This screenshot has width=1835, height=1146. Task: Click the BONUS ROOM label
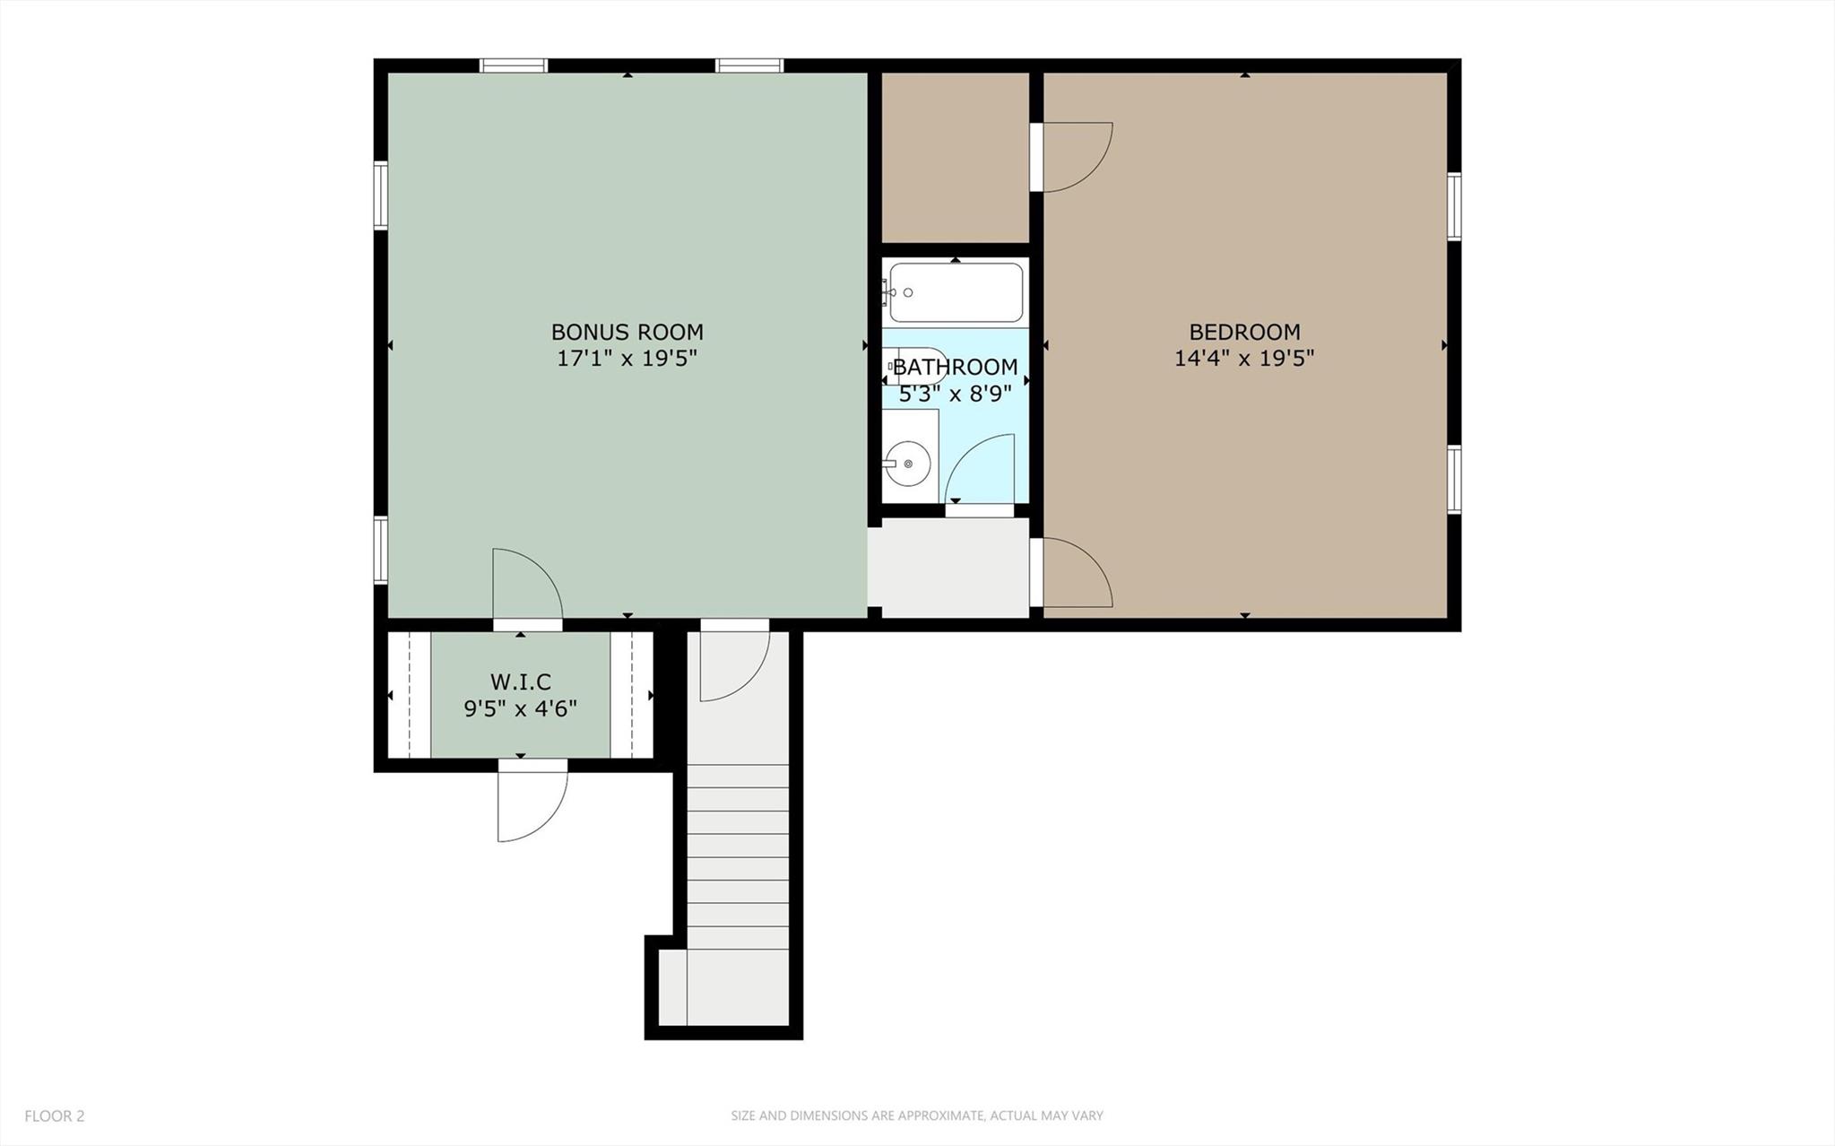pyautogui.click(x=627, y=332)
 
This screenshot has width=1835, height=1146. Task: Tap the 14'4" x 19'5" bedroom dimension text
pyautogui.click(x=1244, y=359)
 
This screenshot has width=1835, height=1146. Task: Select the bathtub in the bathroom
pyautogui.click(x=956, y=292)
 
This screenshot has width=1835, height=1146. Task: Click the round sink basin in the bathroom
pyautogui.click(x=909, y=464)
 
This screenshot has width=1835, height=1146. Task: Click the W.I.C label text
pyautogui.click(x=520, y=682)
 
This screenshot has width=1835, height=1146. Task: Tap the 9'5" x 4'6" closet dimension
pyautogui.click(x=520, y=708)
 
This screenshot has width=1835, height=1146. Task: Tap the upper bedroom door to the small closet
pyautogui.click(x=1074, y=157)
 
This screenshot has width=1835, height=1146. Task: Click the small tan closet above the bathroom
pyautogui.click(x=955, y=157)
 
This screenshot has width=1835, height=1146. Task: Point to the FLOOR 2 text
pyautogui.click(x=55, y=1116)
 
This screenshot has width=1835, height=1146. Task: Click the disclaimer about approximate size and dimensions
pyautogui.click(x=916, y=1116)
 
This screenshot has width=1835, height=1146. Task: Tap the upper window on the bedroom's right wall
pyautogui.click(x=1454, y=207)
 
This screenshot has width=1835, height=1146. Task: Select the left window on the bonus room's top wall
pyautogui.click(x=513, y=65)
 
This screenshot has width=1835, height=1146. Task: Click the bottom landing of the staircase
pyautogui.click(x=723, y=987)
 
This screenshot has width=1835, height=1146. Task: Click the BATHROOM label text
pyautogui.click(x=955, y=367)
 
